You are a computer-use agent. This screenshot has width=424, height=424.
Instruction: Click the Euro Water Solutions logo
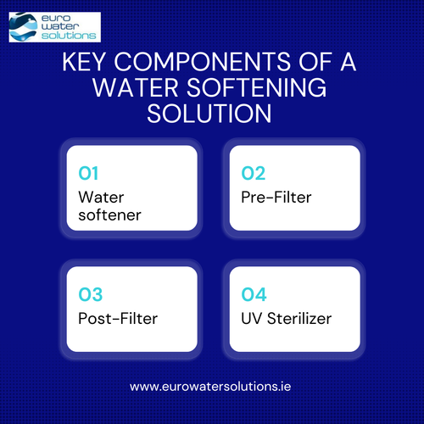click(x=53, y=25)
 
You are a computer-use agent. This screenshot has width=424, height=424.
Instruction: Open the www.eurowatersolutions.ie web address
click(x=211, y=386)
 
